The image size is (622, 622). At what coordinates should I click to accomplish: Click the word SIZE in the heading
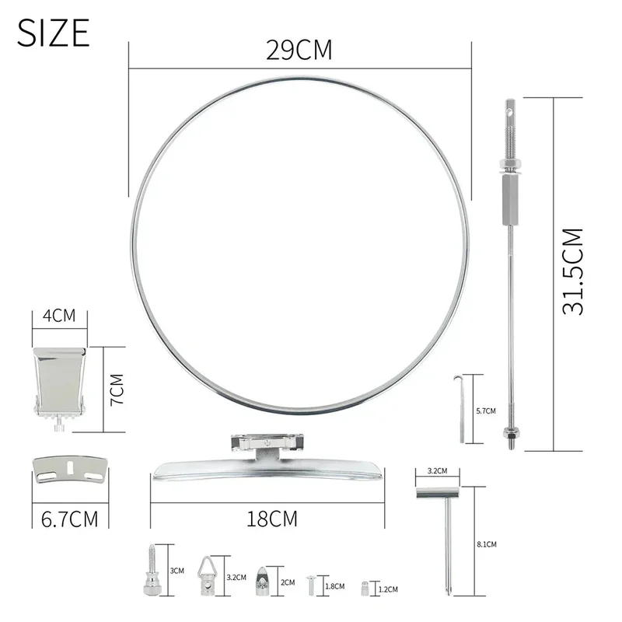tap(53, 33)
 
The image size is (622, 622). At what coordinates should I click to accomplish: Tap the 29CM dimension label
tap(299, 50)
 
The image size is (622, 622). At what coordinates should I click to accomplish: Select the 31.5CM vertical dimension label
tap(573, 271)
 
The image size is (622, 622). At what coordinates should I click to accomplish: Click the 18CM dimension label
tap(271, 519)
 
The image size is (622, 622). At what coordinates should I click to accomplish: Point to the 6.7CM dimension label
tap(69, 519)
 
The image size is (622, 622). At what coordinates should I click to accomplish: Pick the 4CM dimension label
tap(59, 316)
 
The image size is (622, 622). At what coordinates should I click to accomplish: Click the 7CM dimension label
tap(117, 390)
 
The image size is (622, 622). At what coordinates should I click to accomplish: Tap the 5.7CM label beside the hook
tap(486, 411)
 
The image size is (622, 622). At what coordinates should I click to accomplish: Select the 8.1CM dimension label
tap(487, 544)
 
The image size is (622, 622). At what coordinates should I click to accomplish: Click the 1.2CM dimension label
tap(388, 589)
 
